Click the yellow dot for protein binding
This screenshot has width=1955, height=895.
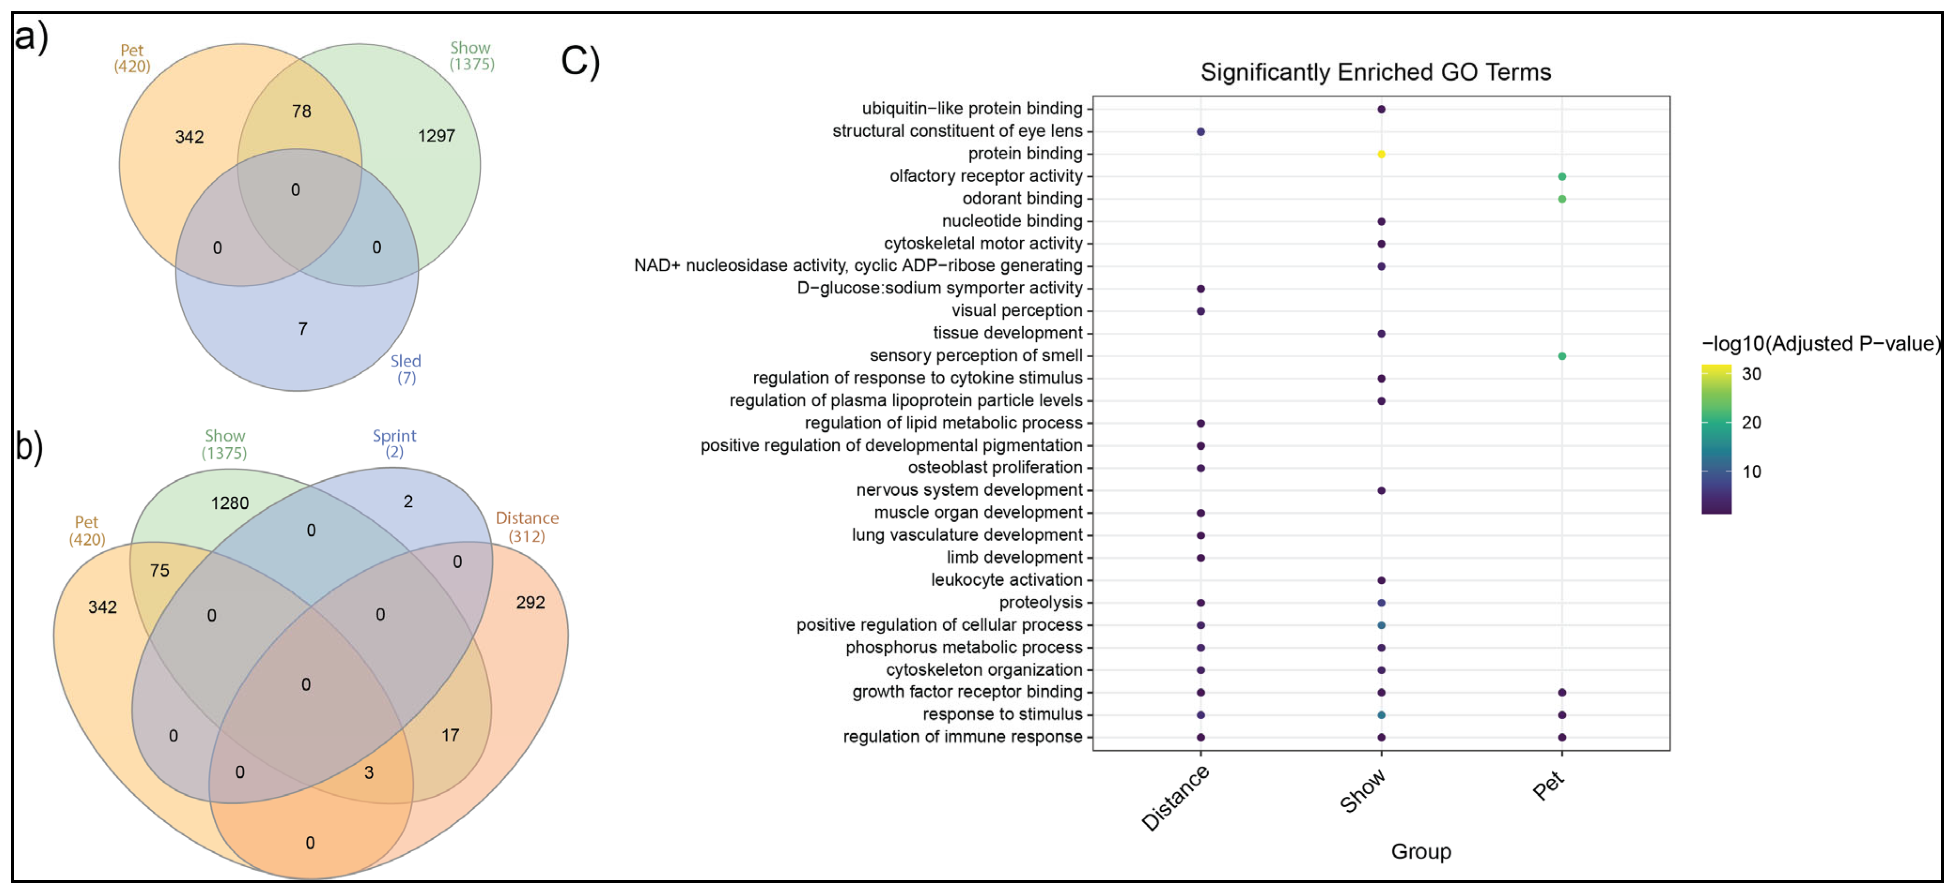click(x=1381, y=154)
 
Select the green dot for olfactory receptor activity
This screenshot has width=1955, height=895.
click(x=1562, y=177)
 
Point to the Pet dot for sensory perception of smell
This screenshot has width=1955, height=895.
click(x=1562, y=356)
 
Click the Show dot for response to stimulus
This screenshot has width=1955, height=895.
click(x=1381, y=715)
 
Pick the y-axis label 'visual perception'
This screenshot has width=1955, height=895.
click(x=1017, y=311)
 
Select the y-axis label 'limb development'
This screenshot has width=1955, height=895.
click(x=1014, y=557)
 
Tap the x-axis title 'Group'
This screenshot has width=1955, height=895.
click(x=1421, y=851)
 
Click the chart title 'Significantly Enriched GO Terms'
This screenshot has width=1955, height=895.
click(x=1375, y=72)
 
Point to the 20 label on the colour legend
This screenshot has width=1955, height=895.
click(x=1752, y=423)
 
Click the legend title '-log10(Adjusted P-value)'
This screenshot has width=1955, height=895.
click(x=1821, y=344)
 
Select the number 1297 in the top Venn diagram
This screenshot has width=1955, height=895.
click(x=437, y=136)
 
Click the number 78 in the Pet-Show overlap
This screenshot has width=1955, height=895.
click(x=301, y=111)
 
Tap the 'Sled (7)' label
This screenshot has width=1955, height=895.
click(x=406, y=369)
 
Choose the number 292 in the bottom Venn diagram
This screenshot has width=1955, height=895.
click(x=531, y=603)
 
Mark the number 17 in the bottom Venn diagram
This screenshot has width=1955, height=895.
click(x=450, y=735)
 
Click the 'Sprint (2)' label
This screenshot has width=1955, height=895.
click(x=394, y=443)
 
